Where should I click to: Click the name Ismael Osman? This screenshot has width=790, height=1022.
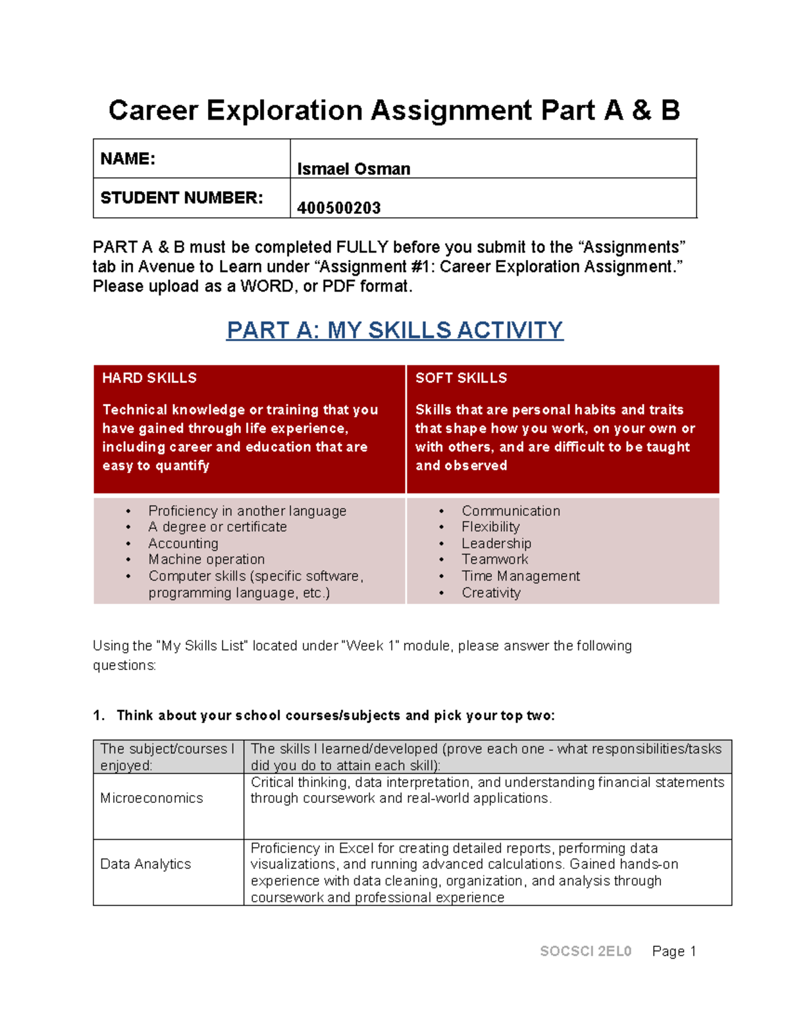354,169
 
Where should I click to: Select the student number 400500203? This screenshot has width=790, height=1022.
338,208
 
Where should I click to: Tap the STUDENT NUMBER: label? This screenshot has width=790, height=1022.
181,197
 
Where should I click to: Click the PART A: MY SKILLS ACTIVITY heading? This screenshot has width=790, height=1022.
394,330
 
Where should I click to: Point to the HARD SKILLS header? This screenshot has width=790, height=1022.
149,378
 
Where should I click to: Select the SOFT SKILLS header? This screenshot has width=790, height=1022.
461,378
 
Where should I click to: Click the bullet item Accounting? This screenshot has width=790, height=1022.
183,544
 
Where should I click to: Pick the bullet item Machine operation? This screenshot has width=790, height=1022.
206,559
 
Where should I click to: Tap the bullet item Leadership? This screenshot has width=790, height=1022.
496,544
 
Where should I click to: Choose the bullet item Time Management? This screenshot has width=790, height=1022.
521,576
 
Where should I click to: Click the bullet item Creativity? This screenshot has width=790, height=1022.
491,592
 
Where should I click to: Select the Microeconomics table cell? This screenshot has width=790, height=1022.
151,798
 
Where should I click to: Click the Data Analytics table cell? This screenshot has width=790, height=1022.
145,864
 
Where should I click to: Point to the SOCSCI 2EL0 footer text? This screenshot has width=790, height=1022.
585,951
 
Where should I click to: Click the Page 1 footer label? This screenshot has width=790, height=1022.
673,951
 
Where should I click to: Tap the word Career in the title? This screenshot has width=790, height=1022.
153,111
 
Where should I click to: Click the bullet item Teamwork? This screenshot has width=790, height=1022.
495,559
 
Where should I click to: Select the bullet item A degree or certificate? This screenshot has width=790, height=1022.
217,527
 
